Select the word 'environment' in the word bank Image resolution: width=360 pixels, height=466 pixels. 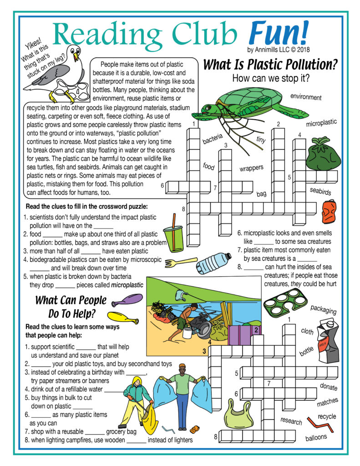306,97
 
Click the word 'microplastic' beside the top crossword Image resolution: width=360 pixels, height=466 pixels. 321,123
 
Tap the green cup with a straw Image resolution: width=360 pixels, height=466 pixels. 173,237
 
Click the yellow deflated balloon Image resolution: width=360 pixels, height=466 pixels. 123,317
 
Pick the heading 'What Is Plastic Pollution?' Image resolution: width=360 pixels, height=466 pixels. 270,65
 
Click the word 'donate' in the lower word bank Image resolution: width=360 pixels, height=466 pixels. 329,387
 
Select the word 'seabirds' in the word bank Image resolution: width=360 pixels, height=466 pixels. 320,192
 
